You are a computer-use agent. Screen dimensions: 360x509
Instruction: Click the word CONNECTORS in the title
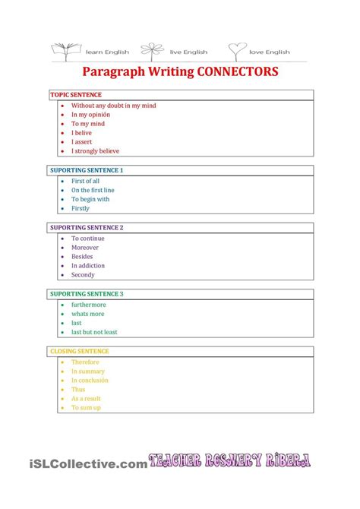[x=237, y=71]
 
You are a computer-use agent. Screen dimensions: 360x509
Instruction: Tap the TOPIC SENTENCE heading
[x=76, y=95]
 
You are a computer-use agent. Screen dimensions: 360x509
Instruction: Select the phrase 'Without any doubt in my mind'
[x=113, y=106]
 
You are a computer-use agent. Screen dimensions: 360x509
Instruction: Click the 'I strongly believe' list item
[x=95, y=151]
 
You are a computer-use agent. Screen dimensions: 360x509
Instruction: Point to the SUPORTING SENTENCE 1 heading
[x=86, y=170]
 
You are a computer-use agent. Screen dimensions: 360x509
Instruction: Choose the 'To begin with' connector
[x=90, y=199]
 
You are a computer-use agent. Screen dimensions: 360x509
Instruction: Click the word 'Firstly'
[x=81, y=208]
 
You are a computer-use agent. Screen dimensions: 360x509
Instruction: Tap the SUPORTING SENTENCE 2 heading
[x=86, y=227]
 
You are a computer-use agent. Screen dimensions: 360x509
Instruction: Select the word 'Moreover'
[x=85, y=248]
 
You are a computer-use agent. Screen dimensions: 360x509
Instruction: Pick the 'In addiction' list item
[x=88, y=266]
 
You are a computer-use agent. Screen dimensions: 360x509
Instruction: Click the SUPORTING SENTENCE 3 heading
[x=86, y=294]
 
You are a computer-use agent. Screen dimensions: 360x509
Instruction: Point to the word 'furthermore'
[x=89, y=305]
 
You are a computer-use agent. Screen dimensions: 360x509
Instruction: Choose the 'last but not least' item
[x=94, y=332]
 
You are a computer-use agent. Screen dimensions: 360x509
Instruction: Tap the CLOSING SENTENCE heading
[x=79, y=351]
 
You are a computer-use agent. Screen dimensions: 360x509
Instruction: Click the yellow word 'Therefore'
[x=85, y=362]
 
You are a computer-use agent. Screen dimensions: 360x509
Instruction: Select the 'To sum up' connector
[x=86, y=408]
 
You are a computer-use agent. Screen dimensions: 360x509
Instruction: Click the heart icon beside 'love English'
[x=238, y=49]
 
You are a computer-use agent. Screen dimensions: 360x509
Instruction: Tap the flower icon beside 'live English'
[x=155, y=49]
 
